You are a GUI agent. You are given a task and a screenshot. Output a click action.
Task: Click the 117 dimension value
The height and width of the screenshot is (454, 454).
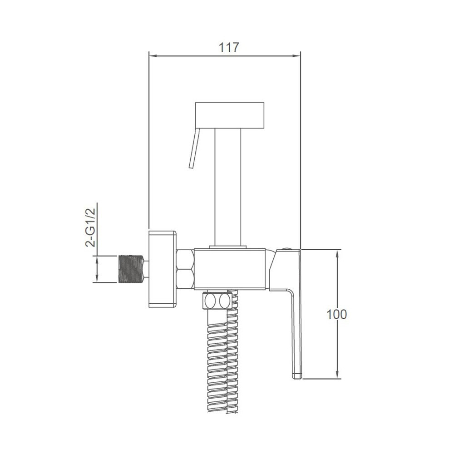(228, 48)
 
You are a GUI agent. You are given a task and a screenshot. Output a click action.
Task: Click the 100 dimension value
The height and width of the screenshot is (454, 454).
(336, 314)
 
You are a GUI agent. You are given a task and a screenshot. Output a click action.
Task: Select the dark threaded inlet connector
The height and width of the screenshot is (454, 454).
(131, 269)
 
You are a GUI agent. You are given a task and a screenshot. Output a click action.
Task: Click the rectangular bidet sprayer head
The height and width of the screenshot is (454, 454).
(230, 115)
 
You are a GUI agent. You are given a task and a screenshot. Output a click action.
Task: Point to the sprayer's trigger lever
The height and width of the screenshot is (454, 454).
(194, 148)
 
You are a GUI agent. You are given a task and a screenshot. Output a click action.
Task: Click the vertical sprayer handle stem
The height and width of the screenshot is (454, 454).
(228, 187)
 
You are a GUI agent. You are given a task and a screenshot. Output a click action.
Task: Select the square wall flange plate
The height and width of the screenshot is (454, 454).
(162, 269)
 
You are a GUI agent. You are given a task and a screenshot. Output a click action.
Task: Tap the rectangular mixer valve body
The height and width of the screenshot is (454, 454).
(230, 269)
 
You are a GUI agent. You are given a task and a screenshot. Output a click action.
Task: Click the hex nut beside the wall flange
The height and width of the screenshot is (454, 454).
(185, 269)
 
